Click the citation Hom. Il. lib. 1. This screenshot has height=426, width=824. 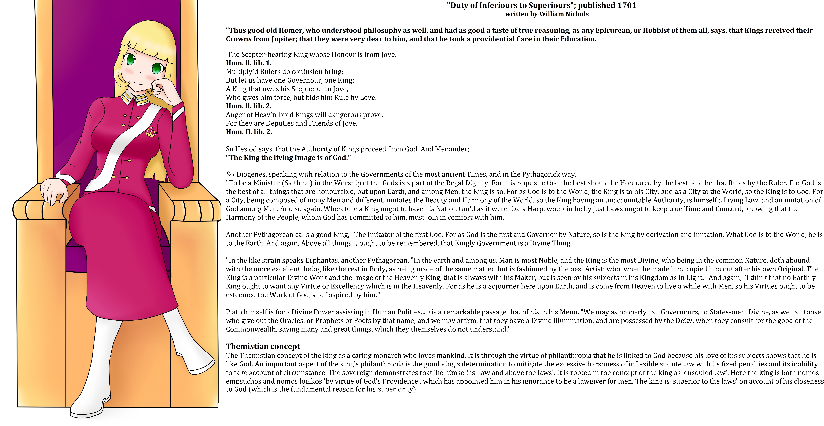coord(249,63)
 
